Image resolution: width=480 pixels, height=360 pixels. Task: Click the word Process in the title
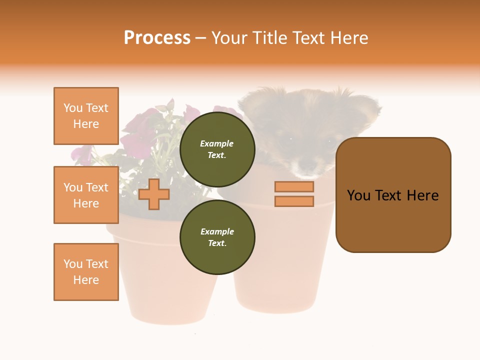click(x=157, y=38)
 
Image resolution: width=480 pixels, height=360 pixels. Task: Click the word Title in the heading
click(x=268, y=38)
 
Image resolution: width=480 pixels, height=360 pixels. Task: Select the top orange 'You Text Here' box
click(x=86, y=116)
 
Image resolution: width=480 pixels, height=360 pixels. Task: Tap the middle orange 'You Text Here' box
click(x=86, y=195)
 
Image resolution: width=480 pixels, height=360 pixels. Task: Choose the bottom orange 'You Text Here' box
click(x=86, y=272)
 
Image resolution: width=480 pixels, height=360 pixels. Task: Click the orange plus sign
click(x=154, y=194)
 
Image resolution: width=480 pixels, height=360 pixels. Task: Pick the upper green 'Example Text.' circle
click(x=217, y=149)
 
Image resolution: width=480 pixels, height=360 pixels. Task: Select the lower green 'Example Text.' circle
click(x=217, y=237)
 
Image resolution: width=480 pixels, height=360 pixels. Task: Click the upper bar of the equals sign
click(x=294, y=186)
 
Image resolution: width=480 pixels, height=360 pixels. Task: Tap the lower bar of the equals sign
click(x=294, y=201)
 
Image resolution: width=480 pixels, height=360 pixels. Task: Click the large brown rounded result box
click(x=393, y=195)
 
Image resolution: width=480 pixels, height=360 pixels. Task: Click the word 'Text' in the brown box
click(x=393, y=195)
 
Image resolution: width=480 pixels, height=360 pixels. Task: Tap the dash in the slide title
click(x=200, y=38)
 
